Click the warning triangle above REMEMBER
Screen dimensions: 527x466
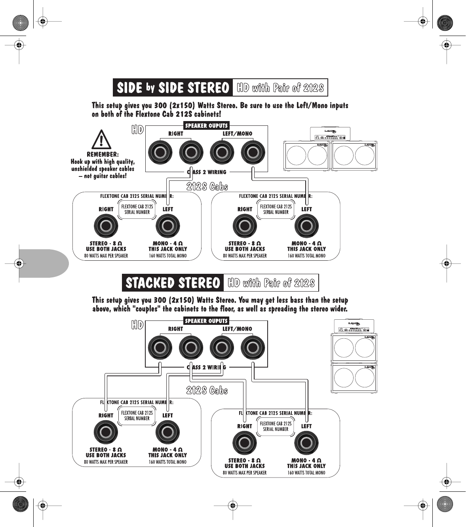pyautogui.click(x=101, y=140)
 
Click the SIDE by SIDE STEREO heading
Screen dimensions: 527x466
pyautogui.click(x=173, y=87)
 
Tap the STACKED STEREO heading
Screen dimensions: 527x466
pyautogui.click(x=173, y=283)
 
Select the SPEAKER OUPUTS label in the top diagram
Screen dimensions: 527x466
pyautogui.click(x=206, y=126)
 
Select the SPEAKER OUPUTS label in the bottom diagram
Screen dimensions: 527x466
pyautogui.click(x=206, y=321)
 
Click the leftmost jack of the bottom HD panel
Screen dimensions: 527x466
pyautogui.click(x=160, y=348)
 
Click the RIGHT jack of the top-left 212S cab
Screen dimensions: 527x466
pyautogui.click(x=106, y=226)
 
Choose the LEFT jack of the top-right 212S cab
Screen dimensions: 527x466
pyautogui.click(x=306, y=226)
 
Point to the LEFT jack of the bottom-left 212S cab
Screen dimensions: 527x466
pyautogui.click(x=167, y=432)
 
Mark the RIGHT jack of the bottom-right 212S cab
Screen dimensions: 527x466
pyautogui.click(x=245, y=443)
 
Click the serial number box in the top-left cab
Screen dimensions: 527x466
pyautogui.click(x=137, y=209)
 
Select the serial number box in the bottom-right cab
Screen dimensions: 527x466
pyautogui.click(x=276, y=426)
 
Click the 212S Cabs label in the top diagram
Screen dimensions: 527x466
pyautogui.click(x=207, y=186)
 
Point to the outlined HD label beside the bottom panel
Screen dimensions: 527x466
pyautogui.click(x=137, y=325)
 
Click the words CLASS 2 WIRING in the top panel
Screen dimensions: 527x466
pyautogui.click(x=207, y=172)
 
